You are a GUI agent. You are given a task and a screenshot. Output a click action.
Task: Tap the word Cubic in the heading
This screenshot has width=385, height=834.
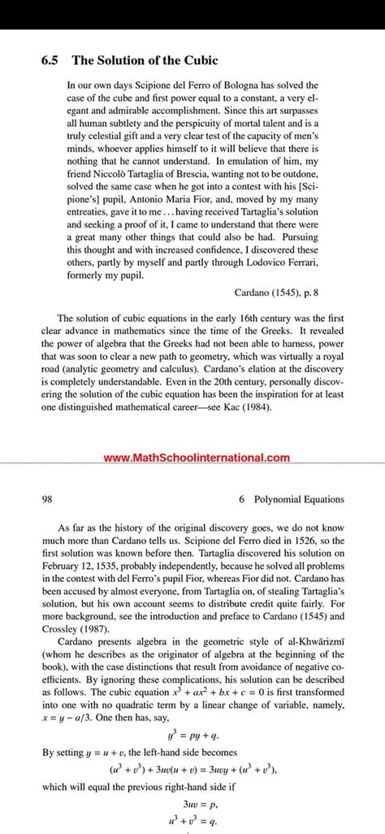click(x=201, y=60)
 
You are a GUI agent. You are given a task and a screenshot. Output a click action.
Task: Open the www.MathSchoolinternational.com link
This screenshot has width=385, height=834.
click(x=197, y=458)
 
